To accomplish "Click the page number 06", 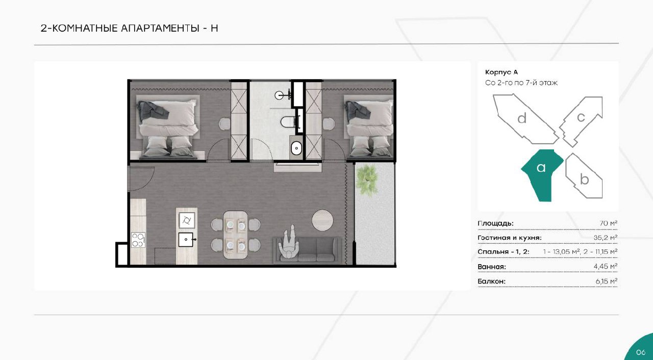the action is click(640, 352).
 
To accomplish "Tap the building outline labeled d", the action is click(525, 119).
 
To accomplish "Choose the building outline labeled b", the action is click(585, 177).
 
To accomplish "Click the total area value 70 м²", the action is click(609, 223).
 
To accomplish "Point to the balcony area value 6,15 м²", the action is click(607, 281).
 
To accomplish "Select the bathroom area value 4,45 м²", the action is click(606, 266).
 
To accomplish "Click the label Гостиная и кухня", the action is click(510, 238).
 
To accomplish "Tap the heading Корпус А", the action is click(501, 72).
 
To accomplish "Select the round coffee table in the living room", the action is click(322, 220).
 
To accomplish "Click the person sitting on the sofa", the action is click(289, 242).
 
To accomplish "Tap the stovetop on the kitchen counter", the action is click(138, 240).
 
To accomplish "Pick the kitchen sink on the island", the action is click(186, 240).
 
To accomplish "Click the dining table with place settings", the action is click(236, 235).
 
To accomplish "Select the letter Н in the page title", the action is click(214, 28).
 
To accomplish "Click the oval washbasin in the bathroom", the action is click(296, 148).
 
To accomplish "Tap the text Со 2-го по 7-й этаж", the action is click(521, 83).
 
